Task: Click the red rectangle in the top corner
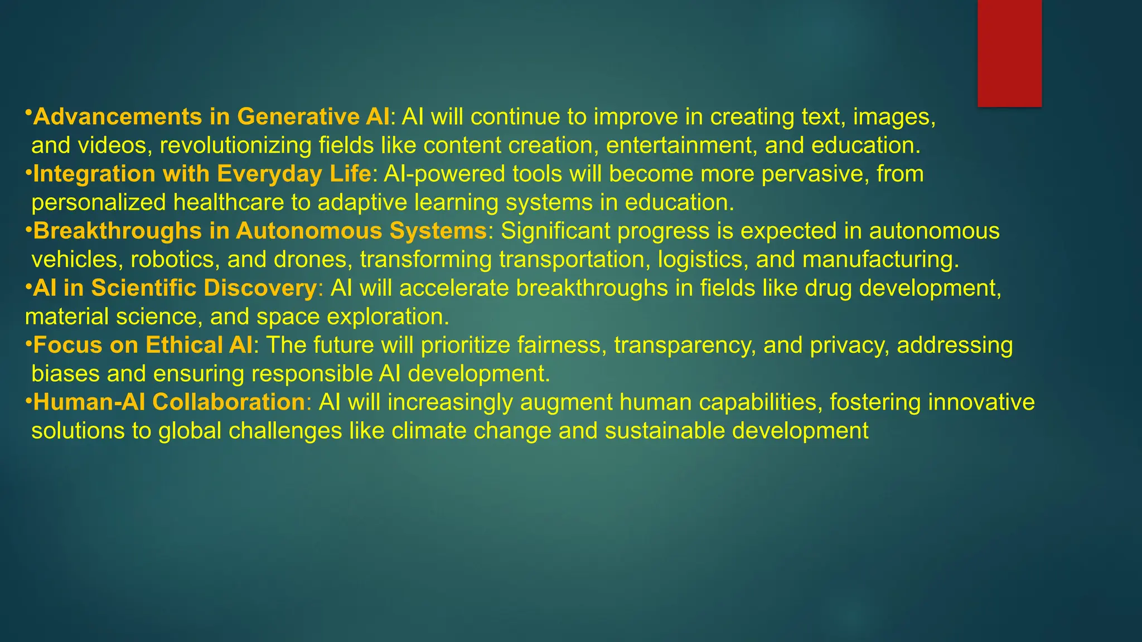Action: coord(1009,53)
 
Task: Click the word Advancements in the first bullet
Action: coord(118,116)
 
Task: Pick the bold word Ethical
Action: coord(183,345)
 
